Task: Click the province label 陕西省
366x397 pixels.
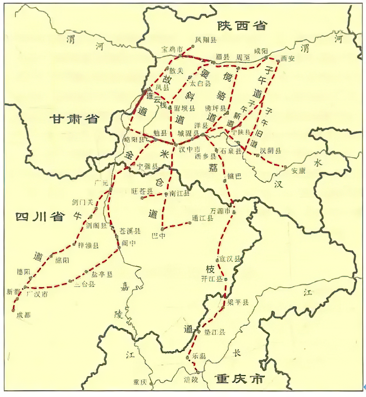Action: coord(243,25)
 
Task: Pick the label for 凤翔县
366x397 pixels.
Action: coord(205,39)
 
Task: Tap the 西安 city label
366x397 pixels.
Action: coord(288,59)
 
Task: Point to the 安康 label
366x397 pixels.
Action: coord(301,170)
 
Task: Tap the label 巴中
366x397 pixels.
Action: coord(159,235)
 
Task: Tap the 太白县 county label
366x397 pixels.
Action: coord(200,84)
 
